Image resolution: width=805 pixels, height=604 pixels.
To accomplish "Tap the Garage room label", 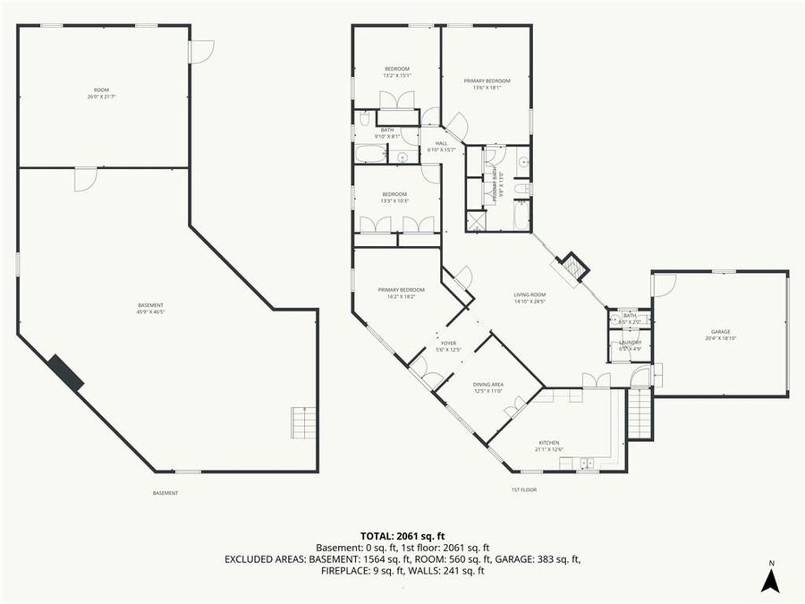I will (x=720, y=335).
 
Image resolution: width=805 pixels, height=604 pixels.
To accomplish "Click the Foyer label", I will (x=448, y=345).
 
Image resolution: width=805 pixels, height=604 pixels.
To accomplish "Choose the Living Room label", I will (x=530, y=298).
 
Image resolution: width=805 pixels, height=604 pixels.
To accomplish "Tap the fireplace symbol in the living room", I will (x=572, y=266).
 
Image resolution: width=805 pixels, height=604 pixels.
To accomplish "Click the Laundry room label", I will (x=630, y=345).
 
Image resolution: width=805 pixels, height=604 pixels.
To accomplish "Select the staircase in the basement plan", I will (x=303, y=422).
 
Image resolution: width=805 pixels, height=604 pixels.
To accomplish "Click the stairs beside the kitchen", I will (x=640, y=413).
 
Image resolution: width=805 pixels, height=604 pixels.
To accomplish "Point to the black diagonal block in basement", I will (x=65, y=372).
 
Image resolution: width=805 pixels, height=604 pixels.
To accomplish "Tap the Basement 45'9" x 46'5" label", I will (x=150, y=309).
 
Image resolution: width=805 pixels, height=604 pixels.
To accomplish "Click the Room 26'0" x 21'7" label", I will (x=102, y=93).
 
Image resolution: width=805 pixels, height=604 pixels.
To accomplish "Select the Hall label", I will (x=442, y=146).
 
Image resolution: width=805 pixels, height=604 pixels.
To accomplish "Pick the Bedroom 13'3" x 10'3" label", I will (x=394, y=198).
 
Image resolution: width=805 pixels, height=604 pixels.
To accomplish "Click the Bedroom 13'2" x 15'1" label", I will (x=397, y=72).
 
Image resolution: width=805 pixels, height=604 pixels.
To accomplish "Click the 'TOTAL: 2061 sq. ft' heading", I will (x=402, y=534).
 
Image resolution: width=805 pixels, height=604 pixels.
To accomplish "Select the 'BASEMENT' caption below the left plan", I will (x=165, y=493).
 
